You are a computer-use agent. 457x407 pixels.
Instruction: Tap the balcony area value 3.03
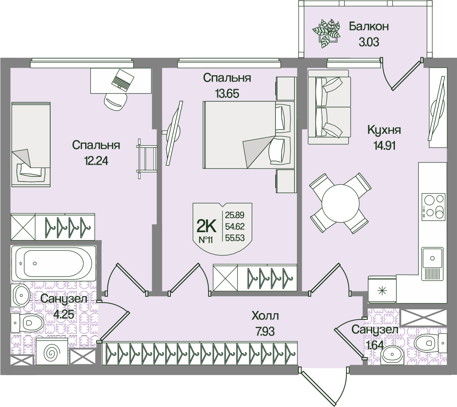tap(369, 42)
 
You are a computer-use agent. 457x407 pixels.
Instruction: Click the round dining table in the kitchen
tap(340, 203)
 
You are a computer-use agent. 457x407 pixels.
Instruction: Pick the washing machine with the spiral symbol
tap(52, 352)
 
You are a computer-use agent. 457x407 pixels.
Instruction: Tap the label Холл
tap(265, 316)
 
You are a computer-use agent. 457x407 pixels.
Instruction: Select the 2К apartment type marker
tap(207, 227)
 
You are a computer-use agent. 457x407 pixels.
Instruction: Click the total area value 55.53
tap(234, 239)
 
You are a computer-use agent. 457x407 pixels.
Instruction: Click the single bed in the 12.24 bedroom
tap(31, 143)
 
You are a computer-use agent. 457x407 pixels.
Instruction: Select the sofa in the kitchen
tap(329, 106)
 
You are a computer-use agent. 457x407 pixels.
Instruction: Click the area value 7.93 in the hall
tap(265, 331)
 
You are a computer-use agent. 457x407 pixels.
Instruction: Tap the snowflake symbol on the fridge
tap(382, 290)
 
